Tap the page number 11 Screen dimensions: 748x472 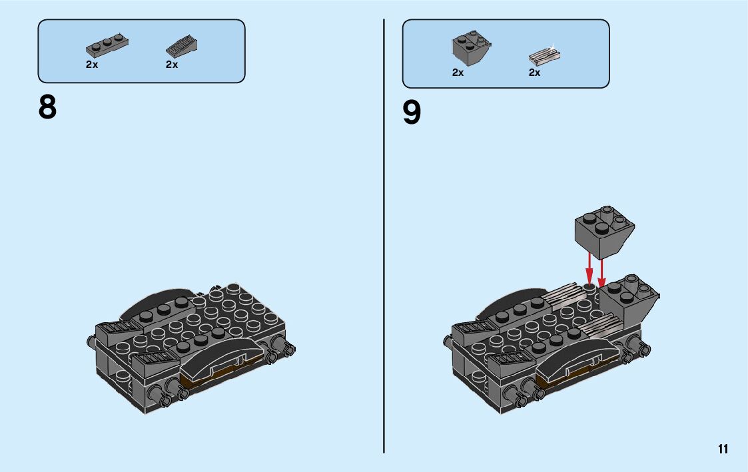click(723, 449)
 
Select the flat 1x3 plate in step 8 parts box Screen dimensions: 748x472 click(107, 45)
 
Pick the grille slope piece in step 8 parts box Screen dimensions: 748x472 click(181, 46)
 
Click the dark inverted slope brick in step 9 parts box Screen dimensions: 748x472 click(472, 48)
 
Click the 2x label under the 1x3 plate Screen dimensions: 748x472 click(92, 65)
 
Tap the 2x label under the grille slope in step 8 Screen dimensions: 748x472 click(172, 65)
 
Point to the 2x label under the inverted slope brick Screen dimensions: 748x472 click(458, 73)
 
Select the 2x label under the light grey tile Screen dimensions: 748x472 click(534, 73)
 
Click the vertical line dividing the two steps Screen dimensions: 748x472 click(384, 233)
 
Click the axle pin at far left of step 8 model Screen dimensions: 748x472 click(90, 342)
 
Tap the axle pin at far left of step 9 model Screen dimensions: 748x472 click(446, 341)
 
